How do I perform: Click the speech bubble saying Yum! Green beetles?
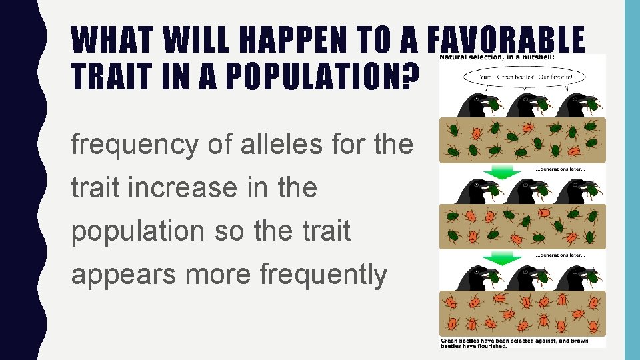click(x=517, y=77)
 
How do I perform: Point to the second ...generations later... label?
click(x=559, y=255)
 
